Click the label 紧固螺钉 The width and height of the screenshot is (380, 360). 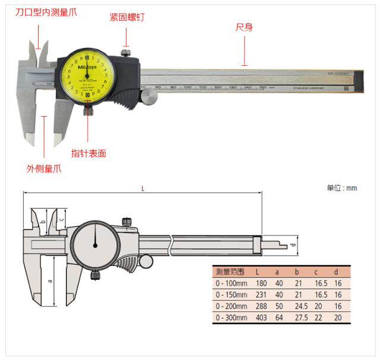tap(127, 17)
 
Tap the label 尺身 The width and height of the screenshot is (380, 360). tap(245, 28)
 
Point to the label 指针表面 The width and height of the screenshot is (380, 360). tap(88, 153)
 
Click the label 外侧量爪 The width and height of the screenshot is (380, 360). tap(44, 168)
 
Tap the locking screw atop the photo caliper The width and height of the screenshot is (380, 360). tap(125, 53)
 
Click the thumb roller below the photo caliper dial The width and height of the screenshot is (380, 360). tap(148, 95)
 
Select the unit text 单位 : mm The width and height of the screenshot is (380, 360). tap(342, 188)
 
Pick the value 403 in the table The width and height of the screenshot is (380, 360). tap(261, 317)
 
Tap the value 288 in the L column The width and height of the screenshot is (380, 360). tap(261, 306)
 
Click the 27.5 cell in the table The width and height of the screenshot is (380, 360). tap(300, 317)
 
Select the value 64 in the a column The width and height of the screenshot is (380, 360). tap(279, 317)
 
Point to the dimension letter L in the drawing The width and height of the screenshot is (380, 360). tap(142, 187)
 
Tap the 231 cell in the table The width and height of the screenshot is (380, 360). tap(261, 295)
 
